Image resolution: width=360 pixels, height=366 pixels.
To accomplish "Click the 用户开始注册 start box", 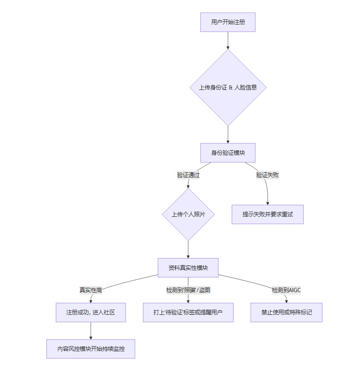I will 228,22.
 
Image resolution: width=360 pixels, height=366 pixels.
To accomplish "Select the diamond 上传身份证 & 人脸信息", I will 228,88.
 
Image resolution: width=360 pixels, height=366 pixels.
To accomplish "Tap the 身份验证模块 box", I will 228,153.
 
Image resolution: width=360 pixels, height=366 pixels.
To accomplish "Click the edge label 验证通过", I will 188,175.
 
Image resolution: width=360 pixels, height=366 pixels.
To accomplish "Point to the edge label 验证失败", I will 268,175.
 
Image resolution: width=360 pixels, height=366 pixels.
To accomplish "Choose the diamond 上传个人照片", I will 188,214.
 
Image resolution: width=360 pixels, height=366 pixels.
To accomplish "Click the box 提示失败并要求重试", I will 268,214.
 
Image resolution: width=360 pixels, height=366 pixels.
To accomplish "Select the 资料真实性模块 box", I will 188,268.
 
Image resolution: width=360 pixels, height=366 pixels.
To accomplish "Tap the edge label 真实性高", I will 90,290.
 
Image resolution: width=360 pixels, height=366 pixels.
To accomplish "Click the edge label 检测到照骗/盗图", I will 188,290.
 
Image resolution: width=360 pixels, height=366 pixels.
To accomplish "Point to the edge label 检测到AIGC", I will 286,290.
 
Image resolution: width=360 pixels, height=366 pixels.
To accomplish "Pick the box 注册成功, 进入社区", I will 90,312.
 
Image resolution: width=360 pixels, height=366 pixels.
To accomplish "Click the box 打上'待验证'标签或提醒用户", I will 188,312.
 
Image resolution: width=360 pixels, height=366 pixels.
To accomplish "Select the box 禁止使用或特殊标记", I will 286,312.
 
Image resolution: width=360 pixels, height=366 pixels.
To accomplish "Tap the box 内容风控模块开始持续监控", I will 90,349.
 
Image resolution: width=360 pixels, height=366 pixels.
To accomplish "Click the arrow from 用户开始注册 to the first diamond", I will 228,40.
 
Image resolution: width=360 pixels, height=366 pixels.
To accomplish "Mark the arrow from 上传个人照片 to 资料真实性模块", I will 188,249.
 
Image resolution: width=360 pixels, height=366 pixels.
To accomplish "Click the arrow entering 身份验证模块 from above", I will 228,134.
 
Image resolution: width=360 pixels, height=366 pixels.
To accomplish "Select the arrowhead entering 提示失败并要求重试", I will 268,202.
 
